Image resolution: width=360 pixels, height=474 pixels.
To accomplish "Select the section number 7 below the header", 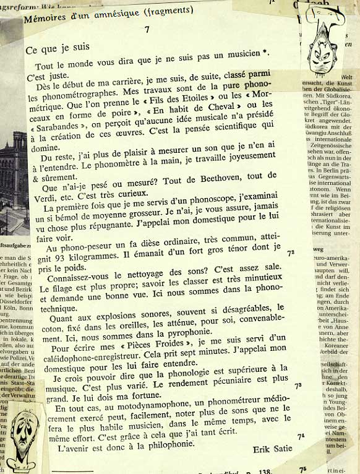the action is [x=147, y=29].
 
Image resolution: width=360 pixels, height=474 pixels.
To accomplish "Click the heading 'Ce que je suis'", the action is [x=58, y=47].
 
